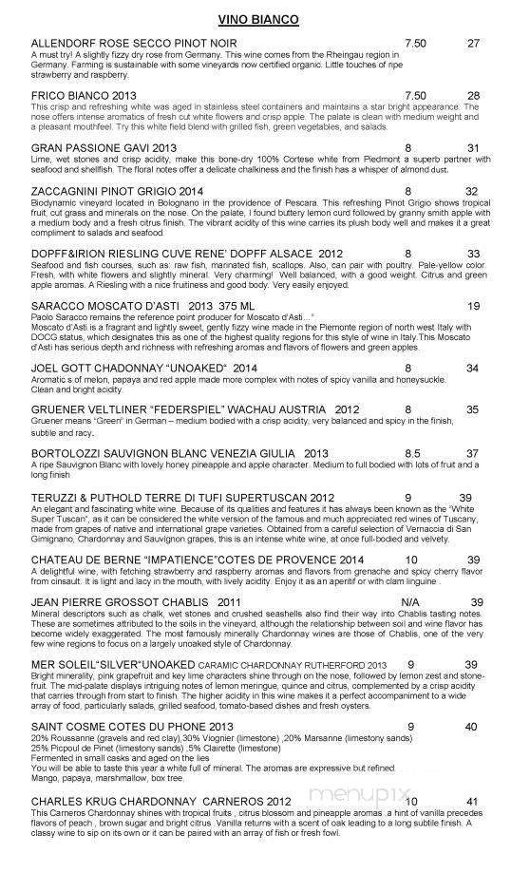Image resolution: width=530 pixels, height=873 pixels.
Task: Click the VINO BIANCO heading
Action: coord(265,19)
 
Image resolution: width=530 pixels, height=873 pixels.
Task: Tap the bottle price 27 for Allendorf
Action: coord(474,44)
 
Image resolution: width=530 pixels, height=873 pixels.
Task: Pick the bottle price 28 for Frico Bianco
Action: coord(474,95)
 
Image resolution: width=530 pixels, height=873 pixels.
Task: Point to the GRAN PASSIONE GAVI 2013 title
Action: coord(104,147)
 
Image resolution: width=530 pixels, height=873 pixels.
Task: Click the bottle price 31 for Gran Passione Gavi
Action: coord(474,147)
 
